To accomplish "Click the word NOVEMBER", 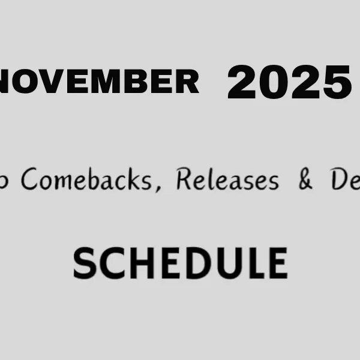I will coord(99,81).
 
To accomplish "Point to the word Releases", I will coord(227,179).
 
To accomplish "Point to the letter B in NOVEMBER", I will coord(134,81).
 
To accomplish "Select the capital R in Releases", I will coord(184,179).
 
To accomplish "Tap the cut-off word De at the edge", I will coord(345,179).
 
